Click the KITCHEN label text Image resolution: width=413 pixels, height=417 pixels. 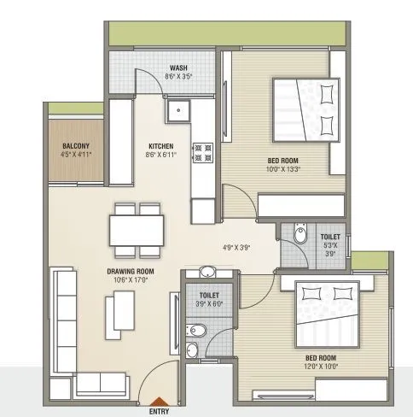point(161,145)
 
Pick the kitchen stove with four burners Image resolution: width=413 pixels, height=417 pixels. point(203,152)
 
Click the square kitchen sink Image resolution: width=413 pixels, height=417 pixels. point(179,109)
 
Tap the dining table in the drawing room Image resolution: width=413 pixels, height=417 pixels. point(137,229)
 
